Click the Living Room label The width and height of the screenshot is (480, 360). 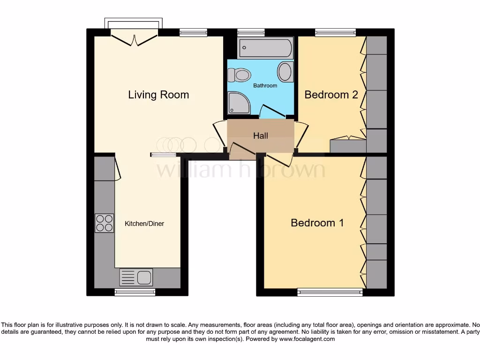[158, 95]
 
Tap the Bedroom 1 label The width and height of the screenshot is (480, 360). [317, 223]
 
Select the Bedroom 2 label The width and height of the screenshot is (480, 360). [331, 95]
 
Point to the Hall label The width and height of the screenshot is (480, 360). [261, 135]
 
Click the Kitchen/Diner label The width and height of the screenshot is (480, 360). [144, 224]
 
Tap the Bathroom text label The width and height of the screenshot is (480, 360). [265, 86]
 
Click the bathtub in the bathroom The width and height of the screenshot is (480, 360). [265, 48]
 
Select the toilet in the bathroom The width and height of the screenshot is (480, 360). [240, 75]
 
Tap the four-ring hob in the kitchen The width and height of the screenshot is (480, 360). [105, 223]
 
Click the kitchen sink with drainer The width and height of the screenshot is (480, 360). [136, 277]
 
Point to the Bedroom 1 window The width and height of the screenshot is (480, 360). [330, 292]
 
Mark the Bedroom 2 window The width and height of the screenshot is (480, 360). [335, 32]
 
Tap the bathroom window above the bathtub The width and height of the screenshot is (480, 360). [251, 32]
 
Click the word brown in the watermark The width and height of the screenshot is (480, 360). [294, 169]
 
